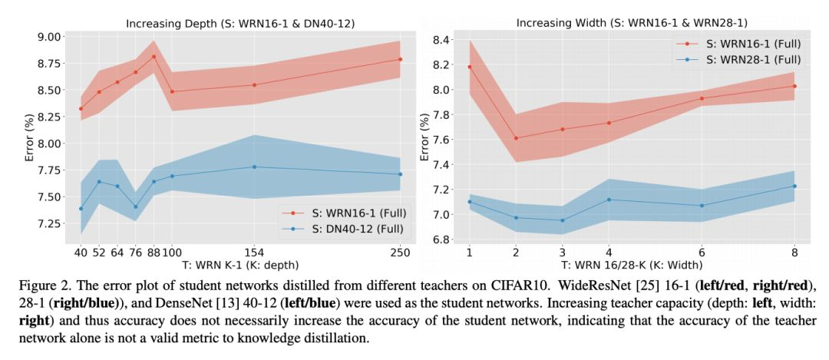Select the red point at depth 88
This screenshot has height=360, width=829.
[154, 57]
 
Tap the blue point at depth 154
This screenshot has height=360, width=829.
[254, 167]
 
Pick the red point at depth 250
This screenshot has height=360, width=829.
[400, 59]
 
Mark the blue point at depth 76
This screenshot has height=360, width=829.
[135, 206]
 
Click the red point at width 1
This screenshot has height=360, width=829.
[469, 67]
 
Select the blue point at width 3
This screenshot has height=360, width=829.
[562, 220]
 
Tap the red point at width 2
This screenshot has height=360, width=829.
[516, 138]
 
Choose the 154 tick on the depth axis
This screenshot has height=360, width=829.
[254, 252]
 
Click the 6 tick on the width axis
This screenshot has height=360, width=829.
[702, 252]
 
